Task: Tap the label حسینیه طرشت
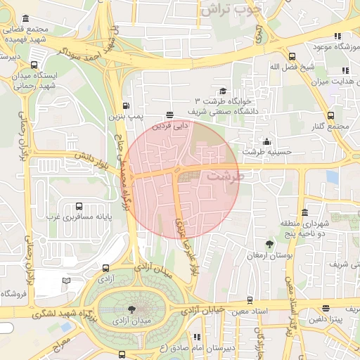[262, 152]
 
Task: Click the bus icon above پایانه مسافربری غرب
[78, 207]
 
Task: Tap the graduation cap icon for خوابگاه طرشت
[223, 91]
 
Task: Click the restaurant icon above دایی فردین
[169, 114]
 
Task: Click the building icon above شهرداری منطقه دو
[304, 212]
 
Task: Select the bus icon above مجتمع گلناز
[330, 115]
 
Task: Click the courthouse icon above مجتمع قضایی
[26, 18]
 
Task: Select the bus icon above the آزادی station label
[105, 268]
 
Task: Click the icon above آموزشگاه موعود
[337, 36]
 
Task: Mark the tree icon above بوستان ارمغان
[269, 244]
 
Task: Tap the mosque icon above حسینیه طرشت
[266, 141]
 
